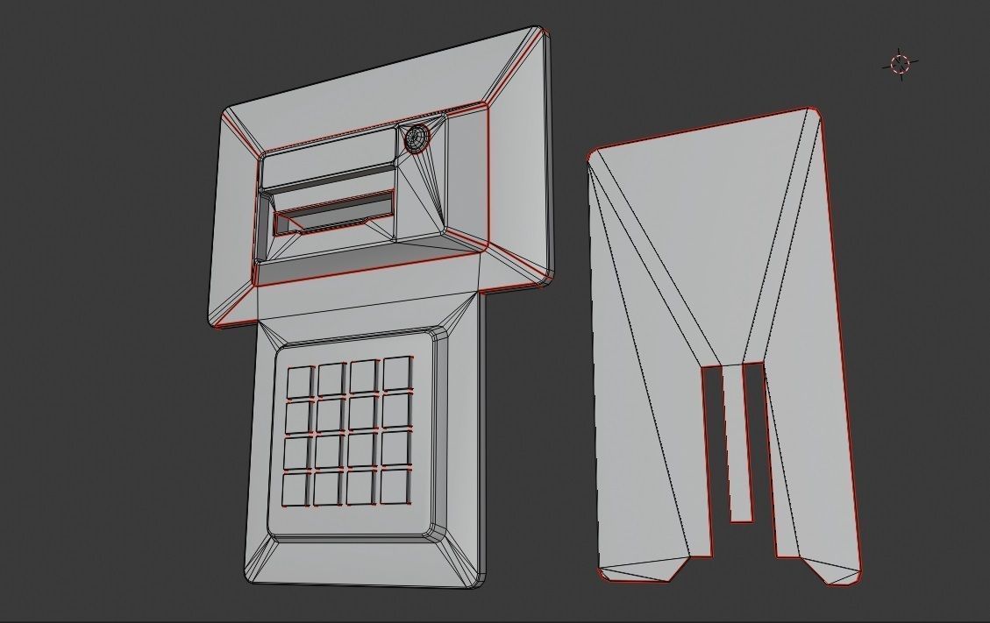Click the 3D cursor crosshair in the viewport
tap(901, 64)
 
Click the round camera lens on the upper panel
tap(417, 138)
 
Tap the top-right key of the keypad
tap(397, 372)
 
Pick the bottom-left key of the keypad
tap(297, 489)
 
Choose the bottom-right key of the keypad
tap(395, 486)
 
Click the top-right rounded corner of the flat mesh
tap(814, 113)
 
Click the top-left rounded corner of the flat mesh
tap(594, 156)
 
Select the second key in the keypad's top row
tap(331, 379)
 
